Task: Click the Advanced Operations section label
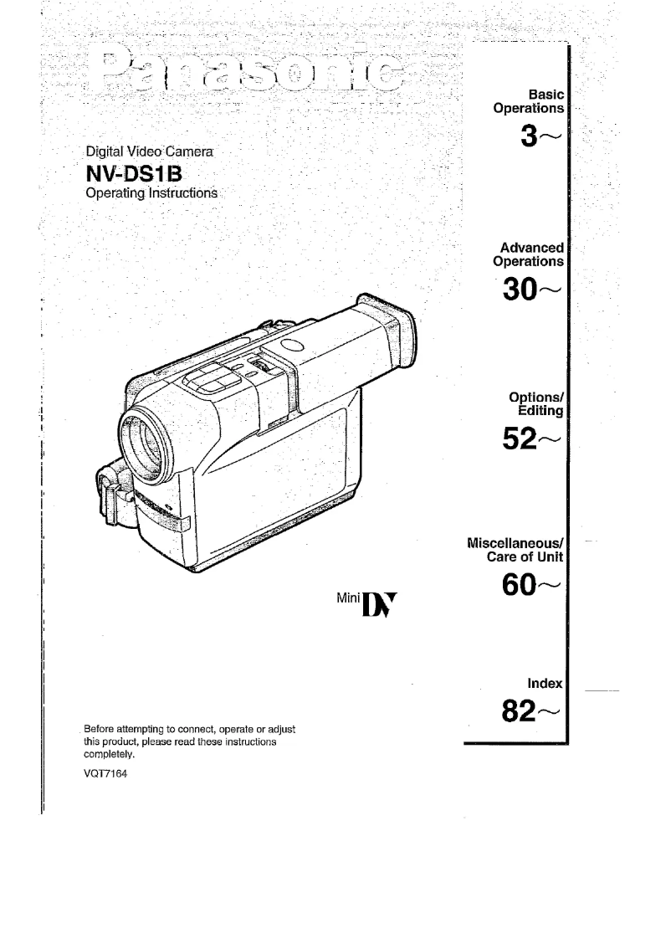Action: pos(529,254)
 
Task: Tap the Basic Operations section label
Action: pos(531,101)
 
